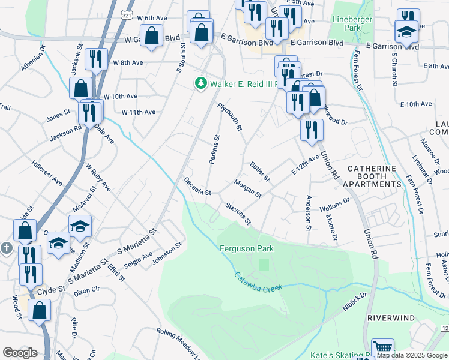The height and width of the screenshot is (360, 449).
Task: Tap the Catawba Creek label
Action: tap(258, 281)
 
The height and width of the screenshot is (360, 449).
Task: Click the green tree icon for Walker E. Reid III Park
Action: tap(201, 83)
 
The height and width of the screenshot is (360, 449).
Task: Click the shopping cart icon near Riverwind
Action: tap(382, 347)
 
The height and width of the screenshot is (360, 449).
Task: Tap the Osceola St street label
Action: tap(198, 186)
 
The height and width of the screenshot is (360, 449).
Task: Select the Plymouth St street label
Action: tap(230, 116)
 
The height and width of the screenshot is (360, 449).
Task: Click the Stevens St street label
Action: tap(238, 214)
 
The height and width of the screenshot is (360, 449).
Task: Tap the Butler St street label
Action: tap(261, 171)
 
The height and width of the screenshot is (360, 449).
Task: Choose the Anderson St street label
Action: tap(309, 212)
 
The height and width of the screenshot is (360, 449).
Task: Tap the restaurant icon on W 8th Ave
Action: tap(96, 59)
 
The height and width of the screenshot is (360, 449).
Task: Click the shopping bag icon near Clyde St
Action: tap(39, 310)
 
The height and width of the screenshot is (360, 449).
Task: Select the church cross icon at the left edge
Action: tap(6, 247)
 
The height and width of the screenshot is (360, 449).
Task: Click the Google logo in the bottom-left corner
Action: tap(20, 352)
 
